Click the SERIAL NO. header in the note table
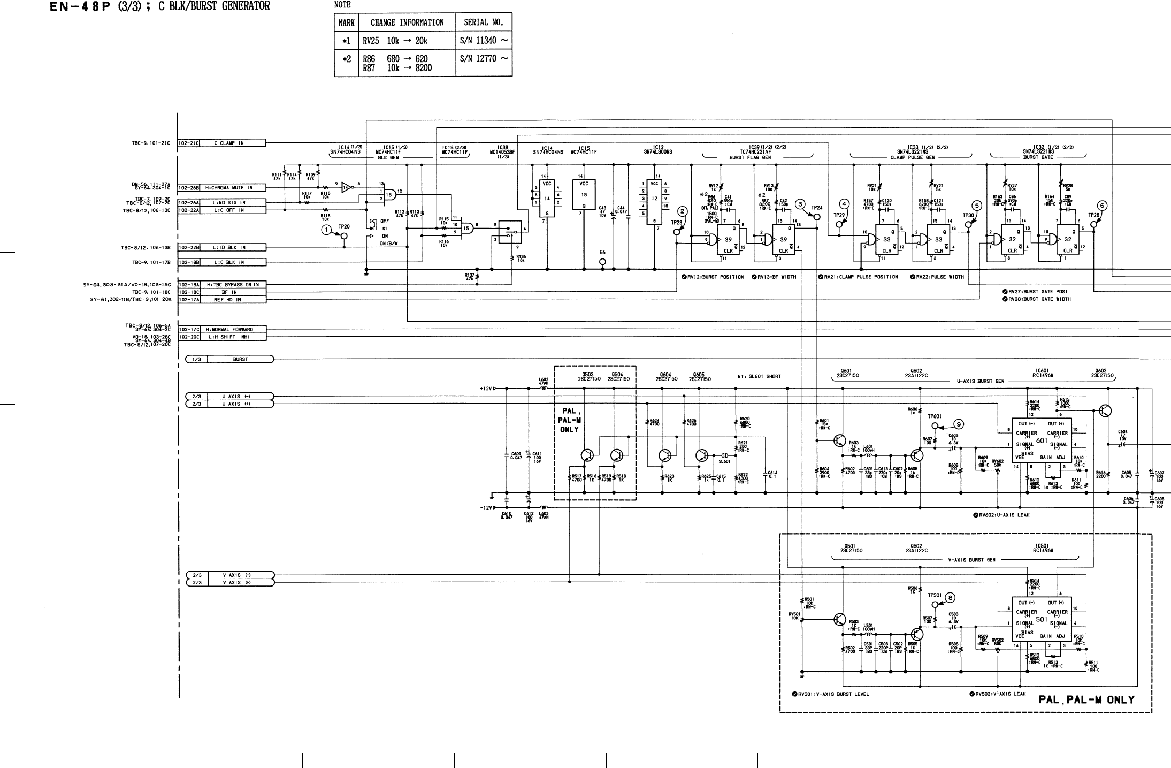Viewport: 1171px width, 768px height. tap(484, 22)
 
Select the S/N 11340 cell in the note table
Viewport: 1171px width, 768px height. tap(484, 41)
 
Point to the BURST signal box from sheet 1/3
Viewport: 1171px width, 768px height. tap(240, 359)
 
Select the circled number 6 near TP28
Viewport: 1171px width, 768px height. tap(1101, 206)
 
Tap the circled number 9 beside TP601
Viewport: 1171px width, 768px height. tap(959, 424)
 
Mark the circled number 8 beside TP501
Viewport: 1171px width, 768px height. tap(950, 598)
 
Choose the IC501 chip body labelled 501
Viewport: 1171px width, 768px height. tap(1041, 619)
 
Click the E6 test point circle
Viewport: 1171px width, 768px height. tap(602, 262)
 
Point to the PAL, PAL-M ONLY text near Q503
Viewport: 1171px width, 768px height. tap(569, 420)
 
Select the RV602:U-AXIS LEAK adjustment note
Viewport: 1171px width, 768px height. tap(1001, 515)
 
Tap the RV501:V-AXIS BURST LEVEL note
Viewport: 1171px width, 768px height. tap(830, 694)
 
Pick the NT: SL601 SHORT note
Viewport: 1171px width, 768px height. tap(759, 376)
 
